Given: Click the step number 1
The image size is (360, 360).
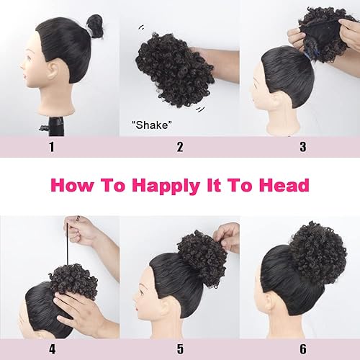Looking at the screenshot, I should (x=51, y=147).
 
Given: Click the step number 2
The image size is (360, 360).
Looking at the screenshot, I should (x=179, y=147).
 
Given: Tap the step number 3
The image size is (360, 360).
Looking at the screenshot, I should (x=302, y=147).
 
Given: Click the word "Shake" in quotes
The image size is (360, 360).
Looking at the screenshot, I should (x=151, y=124).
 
